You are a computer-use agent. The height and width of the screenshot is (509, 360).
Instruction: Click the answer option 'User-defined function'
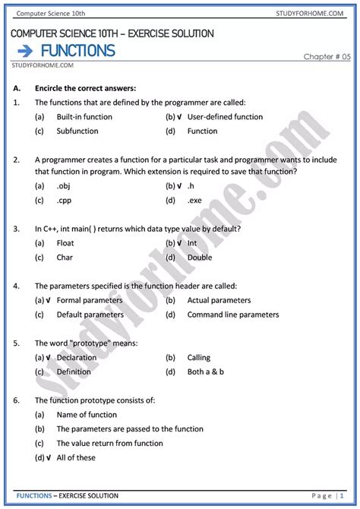tap(225, 117)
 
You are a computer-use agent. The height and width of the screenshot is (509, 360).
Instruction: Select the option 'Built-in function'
tap(84, 117)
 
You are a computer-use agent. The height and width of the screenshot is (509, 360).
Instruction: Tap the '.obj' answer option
tap(64, 186)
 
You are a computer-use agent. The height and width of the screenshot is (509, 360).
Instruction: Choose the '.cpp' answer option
tap(65, 201)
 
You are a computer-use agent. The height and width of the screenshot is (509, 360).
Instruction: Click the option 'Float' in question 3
tap(65, 243)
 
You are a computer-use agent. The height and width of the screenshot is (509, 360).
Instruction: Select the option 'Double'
tap(200, 258)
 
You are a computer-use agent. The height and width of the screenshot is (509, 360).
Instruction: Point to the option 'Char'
tap(65, 258)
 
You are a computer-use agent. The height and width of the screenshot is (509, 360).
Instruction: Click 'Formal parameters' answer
tap(89, 300)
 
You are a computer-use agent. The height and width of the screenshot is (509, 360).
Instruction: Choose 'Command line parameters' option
tap(233, 315)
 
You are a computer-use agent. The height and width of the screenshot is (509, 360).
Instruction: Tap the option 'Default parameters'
tap(90, 315)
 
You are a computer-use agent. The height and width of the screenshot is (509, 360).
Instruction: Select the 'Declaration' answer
tap(77, 357)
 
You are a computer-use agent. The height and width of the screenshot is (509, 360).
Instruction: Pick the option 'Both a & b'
tap(207, 371)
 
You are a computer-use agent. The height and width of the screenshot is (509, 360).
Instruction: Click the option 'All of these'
tap(76, 457)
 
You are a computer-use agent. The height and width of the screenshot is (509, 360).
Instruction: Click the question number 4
tap(16, 286)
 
